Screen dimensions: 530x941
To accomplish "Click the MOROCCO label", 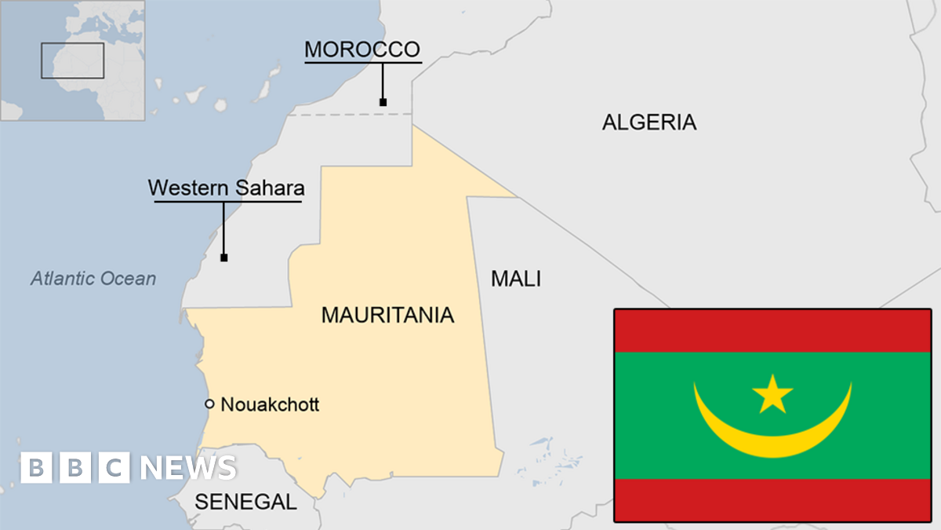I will coord(362,49).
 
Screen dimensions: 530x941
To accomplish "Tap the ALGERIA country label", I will coord(649,122).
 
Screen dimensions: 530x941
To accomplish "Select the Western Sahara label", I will coord(226,188).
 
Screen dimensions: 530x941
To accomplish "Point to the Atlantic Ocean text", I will coord(93,278).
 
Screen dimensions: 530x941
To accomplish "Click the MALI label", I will coord(515,278).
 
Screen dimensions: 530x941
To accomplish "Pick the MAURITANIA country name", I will coord(387,316).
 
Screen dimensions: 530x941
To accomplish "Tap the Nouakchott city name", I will coord(270,405).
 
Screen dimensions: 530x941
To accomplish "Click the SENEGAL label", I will coord(245,502).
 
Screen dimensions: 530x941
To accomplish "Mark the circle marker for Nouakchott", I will coord(209,404).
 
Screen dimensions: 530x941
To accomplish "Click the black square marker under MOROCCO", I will coord(383,102).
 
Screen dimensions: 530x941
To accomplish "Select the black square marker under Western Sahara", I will coord(224,258).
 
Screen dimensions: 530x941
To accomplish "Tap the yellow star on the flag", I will coord(772,394).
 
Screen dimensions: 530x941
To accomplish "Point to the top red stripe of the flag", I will coord(772,331).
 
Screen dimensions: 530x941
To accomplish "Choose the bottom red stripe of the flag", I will coord(772,500).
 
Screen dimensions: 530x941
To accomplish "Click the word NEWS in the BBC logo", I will coord(188,468).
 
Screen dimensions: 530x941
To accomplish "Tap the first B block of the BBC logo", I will coord(36,468).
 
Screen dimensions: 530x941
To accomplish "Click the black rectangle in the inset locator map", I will coord(72,60).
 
